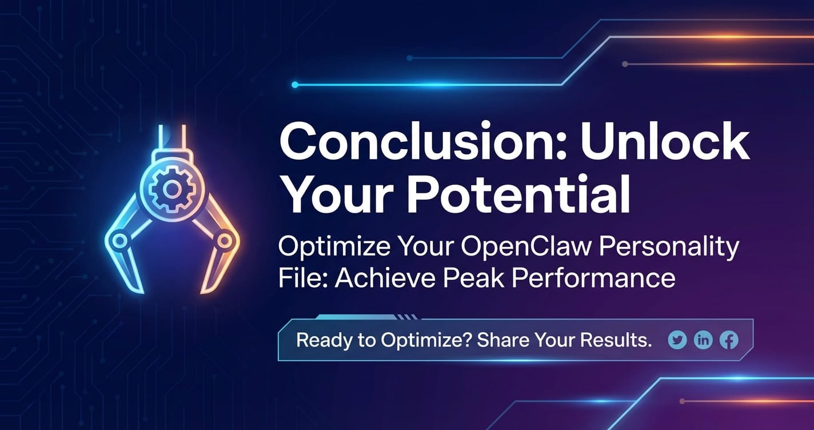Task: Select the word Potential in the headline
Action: click(x=518, y=194)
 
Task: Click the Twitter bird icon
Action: click(x=677, y=340)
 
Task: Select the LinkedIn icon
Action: click(x=703, y=340)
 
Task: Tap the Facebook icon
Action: click(x=729, y=340)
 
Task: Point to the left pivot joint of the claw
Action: click(x=119, y=241)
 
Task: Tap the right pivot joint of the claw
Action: click(x=224, y=240)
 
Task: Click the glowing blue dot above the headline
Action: click(x=295, y=85)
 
